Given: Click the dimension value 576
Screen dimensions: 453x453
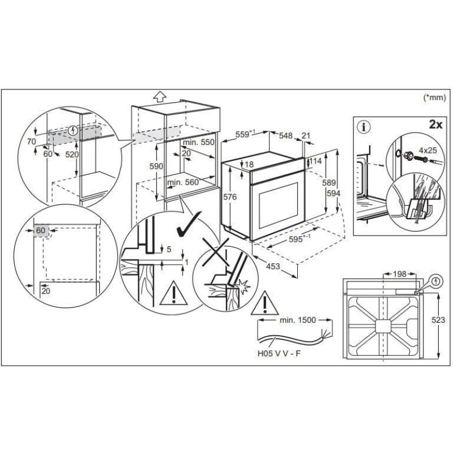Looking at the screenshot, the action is coord(230,197).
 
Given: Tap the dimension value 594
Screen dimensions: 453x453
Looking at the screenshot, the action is coord(334,193).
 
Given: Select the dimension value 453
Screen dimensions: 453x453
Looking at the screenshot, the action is coord(273,266).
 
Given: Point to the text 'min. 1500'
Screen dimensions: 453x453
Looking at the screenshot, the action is coord(298,320).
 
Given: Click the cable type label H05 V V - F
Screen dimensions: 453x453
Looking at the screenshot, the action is coord(279,353).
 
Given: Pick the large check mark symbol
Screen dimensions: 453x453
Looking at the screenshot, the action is coord(189,224).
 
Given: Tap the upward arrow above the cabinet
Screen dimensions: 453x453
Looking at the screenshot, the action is coord(160,96).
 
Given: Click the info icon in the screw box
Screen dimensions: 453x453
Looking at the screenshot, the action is coord(364,127).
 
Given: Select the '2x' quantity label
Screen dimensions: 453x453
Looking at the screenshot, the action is coord(435,125).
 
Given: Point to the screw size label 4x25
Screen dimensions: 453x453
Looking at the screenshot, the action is coord(428,150).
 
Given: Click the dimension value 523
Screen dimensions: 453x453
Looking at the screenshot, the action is coord(438,319).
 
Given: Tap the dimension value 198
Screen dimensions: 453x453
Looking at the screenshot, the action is coord(400,273).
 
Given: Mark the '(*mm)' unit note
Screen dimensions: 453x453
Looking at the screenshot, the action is coord(434,97).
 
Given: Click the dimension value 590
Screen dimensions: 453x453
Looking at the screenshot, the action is coord(156,166).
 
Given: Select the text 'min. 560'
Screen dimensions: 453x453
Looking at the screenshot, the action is coord(183,182).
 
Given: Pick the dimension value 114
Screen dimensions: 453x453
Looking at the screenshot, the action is coord(315,161).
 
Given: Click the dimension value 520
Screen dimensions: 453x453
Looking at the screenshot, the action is coord(72,155).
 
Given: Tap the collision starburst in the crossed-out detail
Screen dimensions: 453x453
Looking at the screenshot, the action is coord(243,287).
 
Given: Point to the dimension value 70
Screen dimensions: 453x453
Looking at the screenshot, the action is coord(32,142).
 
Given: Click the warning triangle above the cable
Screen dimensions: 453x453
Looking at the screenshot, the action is coord(264,304).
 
